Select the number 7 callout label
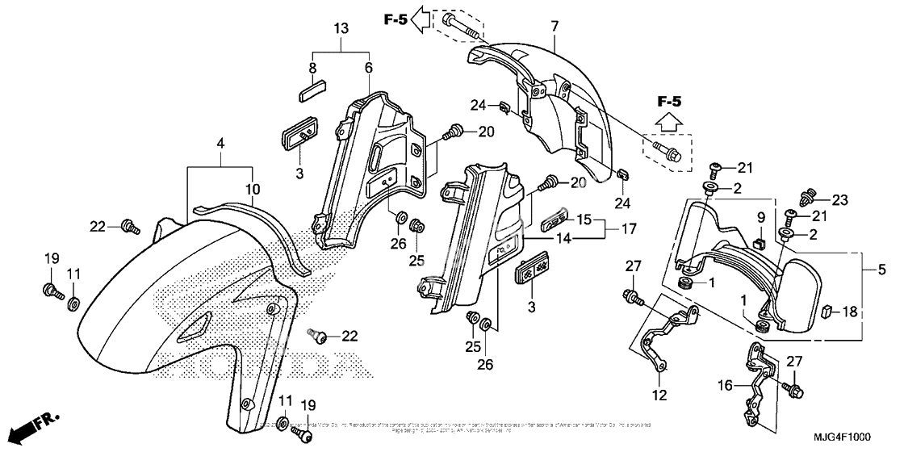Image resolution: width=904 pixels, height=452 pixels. (555, 27)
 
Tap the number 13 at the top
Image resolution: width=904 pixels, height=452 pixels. (341, 29)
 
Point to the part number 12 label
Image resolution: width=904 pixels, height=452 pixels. (660, 395)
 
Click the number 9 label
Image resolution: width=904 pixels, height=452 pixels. (760, 217)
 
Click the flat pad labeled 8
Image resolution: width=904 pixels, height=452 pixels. (310, 88)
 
